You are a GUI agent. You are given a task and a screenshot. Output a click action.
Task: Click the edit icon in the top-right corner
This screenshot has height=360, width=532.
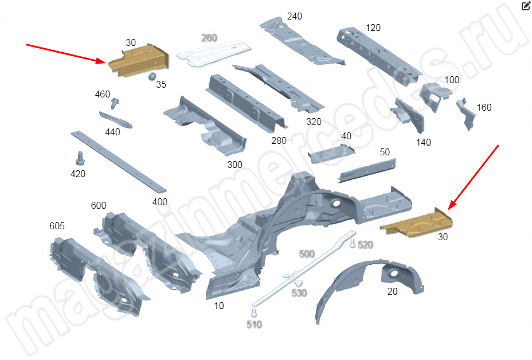click(526, 6)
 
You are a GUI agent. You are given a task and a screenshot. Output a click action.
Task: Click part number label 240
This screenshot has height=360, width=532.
click(295, 16)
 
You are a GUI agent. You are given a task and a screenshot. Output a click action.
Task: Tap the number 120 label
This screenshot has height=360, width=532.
click(373, 28)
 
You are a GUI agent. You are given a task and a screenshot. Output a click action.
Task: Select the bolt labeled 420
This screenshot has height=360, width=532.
click(80, 158)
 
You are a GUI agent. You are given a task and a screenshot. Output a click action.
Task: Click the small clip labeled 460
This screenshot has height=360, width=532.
click(115, 104)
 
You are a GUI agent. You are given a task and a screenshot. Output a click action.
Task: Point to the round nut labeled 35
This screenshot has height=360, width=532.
click(152, 76)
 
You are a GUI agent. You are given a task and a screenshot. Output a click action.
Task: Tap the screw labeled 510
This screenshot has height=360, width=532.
click(254, 313)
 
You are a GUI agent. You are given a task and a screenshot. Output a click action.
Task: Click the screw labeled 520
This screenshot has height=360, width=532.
click(353, 243)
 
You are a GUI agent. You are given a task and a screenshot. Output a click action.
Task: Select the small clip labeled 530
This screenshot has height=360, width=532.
click(299, 283)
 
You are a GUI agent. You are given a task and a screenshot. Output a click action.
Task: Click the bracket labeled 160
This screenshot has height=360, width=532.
click(465, 114)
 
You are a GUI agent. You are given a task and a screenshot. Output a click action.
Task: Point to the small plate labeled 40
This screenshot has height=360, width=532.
click(331, 154)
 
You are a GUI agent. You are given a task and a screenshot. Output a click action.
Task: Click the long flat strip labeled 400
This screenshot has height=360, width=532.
click(119, 162)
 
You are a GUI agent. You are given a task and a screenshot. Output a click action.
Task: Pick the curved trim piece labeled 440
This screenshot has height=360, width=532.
click(116, 120)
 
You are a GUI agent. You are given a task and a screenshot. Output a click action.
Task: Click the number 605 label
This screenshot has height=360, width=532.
click(57, 226)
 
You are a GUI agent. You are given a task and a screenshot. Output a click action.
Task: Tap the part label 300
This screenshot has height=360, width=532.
click(235, 165)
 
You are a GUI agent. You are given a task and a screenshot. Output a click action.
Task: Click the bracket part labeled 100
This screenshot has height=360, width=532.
click(435, 96)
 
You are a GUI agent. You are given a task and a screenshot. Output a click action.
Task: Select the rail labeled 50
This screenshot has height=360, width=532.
click(367, 171)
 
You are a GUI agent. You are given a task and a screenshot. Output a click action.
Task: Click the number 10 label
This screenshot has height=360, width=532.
click(219, 306)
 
